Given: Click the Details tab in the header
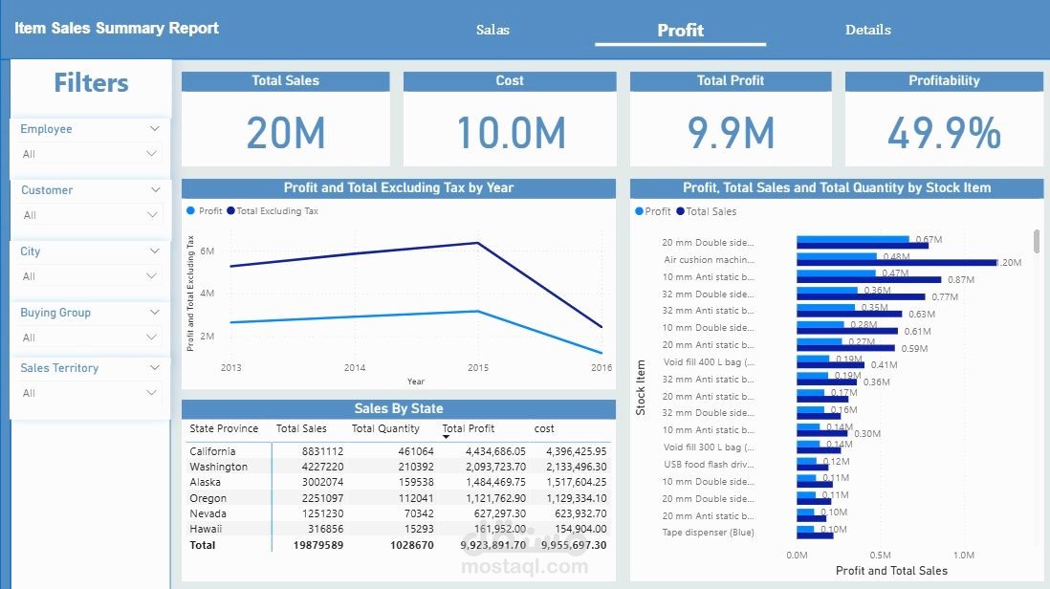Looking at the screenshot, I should click(x=867, y=30).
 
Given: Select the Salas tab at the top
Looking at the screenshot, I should click(x=492, y=30).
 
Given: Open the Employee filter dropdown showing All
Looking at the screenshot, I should click(x=90, y=154).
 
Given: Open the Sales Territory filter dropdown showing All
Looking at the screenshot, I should click(x=90, y=393).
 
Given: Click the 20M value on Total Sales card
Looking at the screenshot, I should click(x=286, y=132).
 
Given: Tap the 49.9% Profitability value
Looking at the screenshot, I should click(x=944, y=132).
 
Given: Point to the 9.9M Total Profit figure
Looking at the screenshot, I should click(x=731, y=132).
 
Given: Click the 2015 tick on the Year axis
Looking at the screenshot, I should click(x=478, y=367).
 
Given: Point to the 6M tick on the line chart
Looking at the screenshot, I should click(x=207, y=251).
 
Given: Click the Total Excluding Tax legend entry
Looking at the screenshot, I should click(x=276, y=210).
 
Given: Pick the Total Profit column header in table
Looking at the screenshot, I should click(x=469, y=428).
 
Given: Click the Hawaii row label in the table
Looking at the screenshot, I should click(x=206, y=529).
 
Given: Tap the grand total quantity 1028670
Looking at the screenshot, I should click(x=411, y=545).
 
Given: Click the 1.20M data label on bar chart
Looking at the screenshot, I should click(x=1009, y=262).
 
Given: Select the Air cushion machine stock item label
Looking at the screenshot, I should click(x=710, y=259).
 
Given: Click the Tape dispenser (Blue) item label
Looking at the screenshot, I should click(x=708, y=533).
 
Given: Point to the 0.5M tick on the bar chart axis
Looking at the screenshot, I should click(x=880, y=555).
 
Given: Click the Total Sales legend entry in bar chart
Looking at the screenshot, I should click(x=711, y=211).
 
